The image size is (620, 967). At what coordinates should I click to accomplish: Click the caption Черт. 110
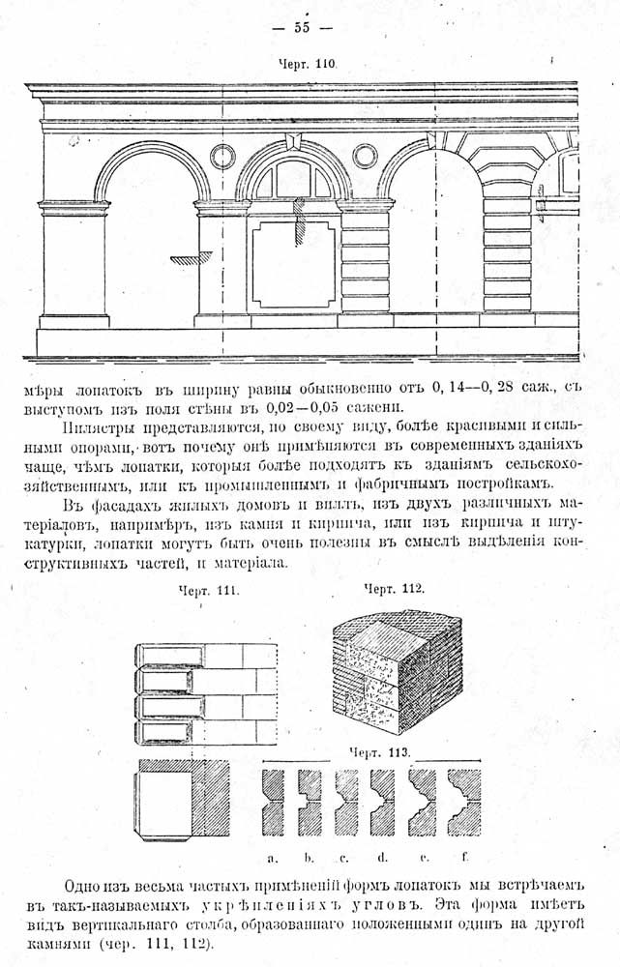[306, 64]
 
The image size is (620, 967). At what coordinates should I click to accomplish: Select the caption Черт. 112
[395, 589]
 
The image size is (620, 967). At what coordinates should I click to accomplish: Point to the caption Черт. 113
[379, 752]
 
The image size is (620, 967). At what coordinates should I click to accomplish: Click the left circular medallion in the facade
[222, 157]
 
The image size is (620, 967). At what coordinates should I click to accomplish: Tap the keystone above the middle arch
[291, 140]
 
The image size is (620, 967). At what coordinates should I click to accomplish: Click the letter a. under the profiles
[272, 857]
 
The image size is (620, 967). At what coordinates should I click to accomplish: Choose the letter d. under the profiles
[382, 856]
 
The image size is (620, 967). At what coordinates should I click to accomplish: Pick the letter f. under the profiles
[464, 856]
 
